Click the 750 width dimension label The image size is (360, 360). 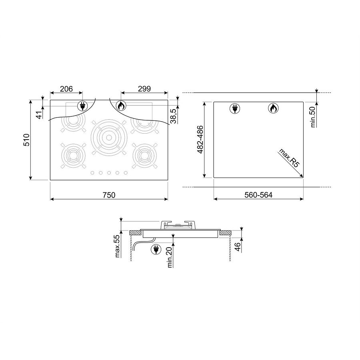109,195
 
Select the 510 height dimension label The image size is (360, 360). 26,140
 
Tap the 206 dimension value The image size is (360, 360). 66,89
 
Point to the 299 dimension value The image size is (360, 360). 144,89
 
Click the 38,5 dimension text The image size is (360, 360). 174,116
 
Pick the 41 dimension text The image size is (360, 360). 40,114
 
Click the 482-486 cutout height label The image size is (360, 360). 200,140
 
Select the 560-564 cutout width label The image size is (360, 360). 258,195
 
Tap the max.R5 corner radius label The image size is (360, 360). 289,158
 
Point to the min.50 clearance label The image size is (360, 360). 313,117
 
